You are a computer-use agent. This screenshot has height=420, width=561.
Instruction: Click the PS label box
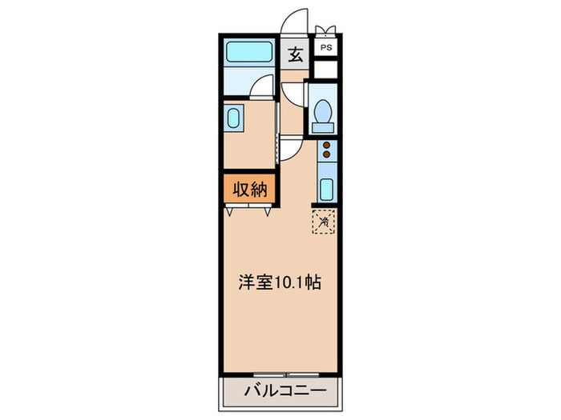[x=326, y=48]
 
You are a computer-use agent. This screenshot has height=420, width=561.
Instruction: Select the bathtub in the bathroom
[x=250, y=54]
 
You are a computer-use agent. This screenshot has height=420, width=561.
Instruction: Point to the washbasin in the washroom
[x=234, y=120]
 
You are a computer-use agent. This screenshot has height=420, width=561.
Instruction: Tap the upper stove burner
[x=326, y=145]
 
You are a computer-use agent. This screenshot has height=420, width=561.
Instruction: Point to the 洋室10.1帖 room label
[x=280, y=283]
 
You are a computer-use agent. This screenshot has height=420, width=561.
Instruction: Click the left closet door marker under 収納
[x=231, y=211]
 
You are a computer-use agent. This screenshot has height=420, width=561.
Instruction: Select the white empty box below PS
[x=326, y=69]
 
